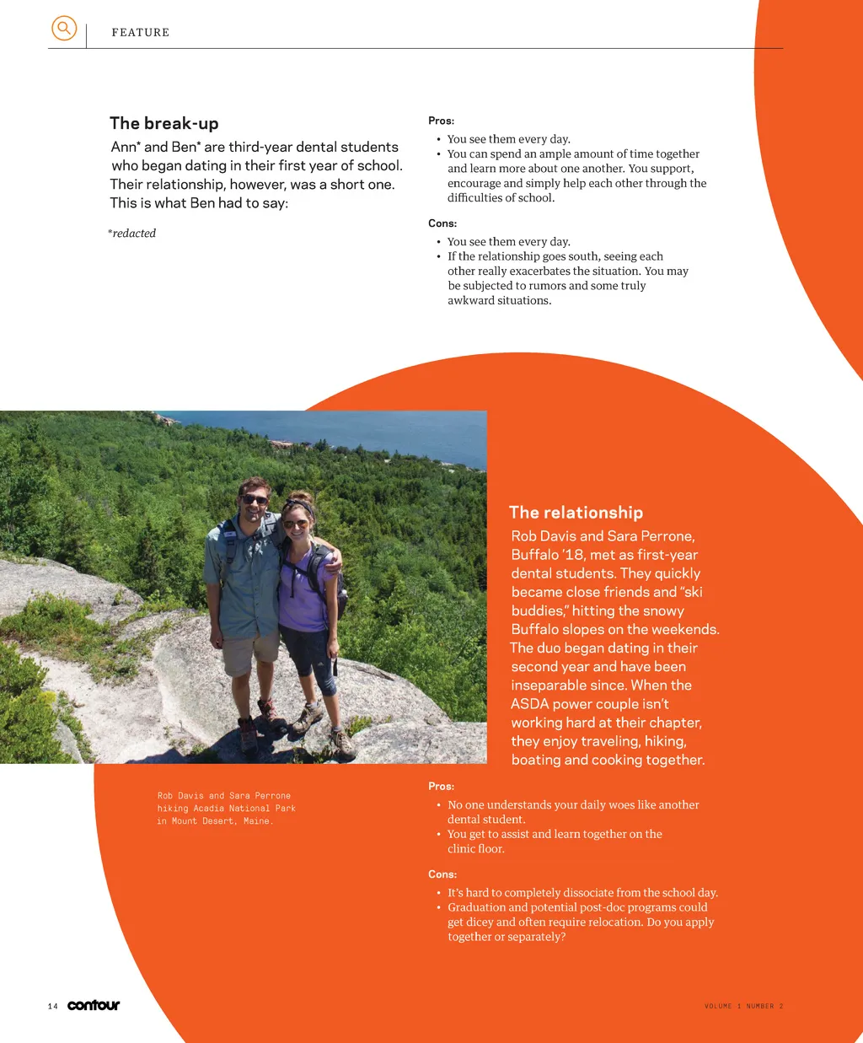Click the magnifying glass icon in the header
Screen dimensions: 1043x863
pos(64,29)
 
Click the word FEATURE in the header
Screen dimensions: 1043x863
pos(141,33)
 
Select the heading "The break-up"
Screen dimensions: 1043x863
pos(164,123)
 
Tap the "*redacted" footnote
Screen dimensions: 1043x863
pos(132,234)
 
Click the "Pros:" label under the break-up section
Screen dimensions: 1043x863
pos(441,121)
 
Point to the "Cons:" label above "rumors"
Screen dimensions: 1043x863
pos(442,223)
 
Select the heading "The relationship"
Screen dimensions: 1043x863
pos(576,513)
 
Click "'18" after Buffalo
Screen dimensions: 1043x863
pos(573,555)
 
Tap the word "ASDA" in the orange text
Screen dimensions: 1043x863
pos(529,704)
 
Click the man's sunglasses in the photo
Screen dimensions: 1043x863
pos(255,500)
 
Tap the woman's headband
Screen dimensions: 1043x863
pos(299,506)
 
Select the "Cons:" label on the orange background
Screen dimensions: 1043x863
pos(442,874)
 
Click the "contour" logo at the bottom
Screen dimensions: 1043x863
pos(94,1005)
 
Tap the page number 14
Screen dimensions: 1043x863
pos(53,1006)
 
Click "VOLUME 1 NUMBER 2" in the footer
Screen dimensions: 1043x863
pos(743,1006)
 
